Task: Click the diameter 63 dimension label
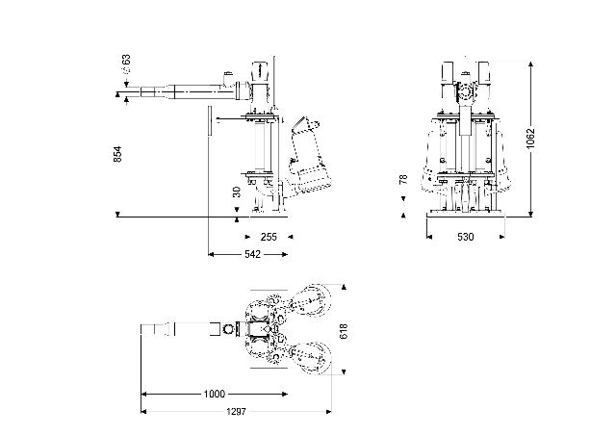[126, 64]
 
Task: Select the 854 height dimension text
[117, 154]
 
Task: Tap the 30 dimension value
[237, 192]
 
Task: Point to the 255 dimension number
[269, 236]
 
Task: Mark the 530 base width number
[466, 236]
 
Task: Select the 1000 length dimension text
[215, 394]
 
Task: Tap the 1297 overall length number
[236, 412]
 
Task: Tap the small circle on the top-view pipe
[228, 329]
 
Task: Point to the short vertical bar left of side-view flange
[207, 123]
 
